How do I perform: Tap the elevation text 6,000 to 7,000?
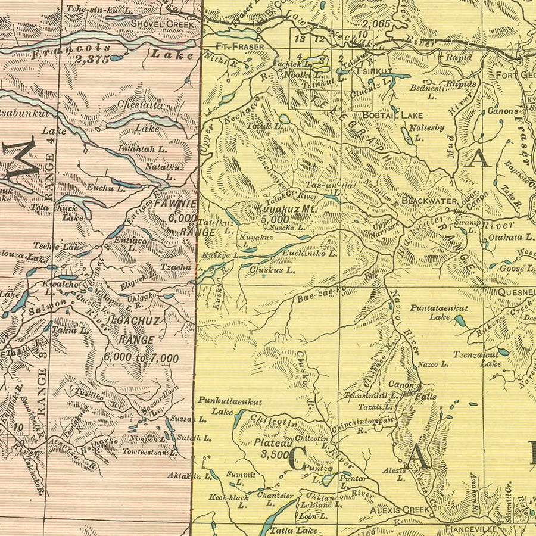pyautogui.click(x=141, y=358)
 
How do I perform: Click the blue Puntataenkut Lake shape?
pyautogui.click(x=459, y=322)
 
